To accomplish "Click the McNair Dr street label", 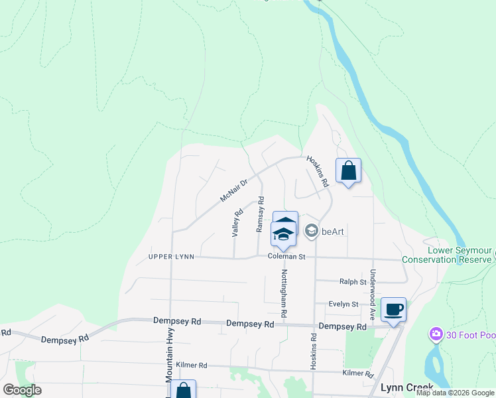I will point(234,190).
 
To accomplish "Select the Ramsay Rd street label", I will point(260,214).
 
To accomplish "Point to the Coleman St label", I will point(286,256).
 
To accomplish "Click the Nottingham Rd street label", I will point(283,292).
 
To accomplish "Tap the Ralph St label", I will point(353,282).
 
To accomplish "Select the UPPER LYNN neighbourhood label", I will point(171,256).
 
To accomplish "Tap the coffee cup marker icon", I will point(394,308).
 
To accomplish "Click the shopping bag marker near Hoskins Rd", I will point(349,171).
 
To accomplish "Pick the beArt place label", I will point(335,232).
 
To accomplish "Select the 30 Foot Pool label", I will point(469,333).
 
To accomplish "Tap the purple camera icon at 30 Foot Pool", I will point(436,333).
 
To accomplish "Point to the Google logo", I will point(22,390).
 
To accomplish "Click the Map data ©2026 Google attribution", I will point(455,393).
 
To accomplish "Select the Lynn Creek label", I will point(406,387).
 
